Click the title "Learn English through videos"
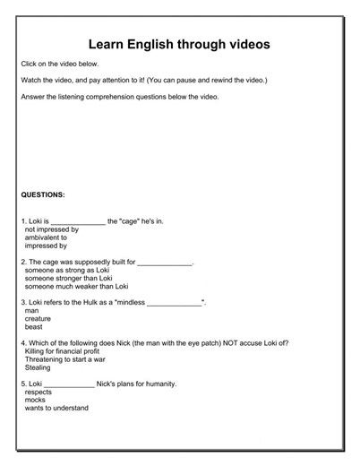[x=179, y=44]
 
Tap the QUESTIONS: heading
[x=44, y=194]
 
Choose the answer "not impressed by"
[x=52, y=229]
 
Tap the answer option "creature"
[x=40, y=318]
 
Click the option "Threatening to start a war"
[x=69, y=358]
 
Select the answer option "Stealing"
[x=39, y=367]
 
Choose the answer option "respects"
[x=40, y=392]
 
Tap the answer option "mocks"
[x=37, y=400]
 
